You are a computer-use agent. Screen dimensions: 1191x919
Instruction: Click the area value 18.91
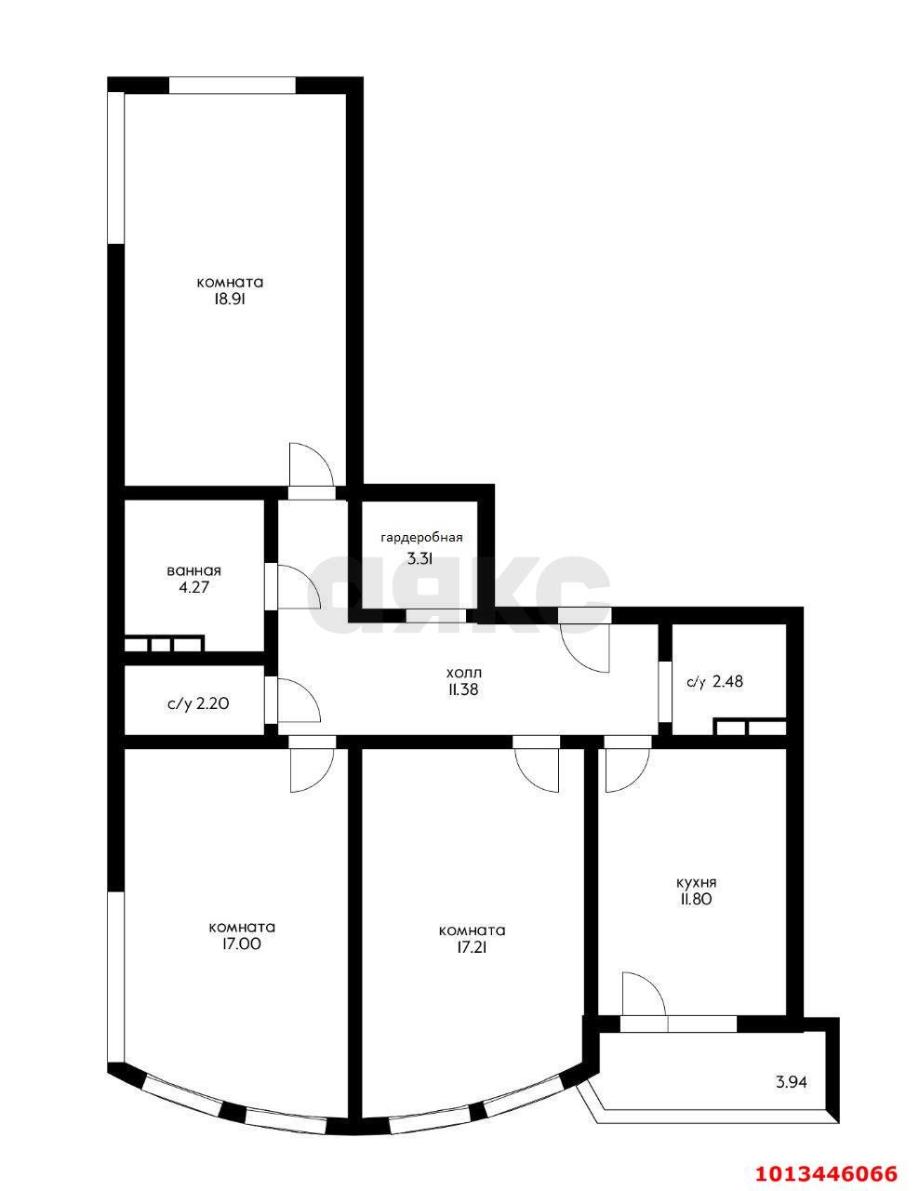pos(229,300)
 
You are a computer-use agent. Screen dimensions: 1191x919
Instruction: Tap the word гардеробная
pos(421,538)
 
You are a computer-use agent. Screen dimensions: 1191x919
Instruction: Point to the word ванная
pos(194,570)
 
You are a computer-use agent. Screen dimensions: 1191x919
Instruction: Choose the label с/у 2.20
pos(198,704)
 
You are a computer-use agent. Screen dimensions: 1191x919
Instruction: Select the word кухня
pos(696,882)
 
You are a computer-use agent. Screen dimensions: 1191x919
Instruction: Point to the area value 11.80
pos(696,900)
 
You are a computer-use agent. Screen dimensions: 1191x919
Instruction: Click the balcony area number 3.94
pos(792,1082)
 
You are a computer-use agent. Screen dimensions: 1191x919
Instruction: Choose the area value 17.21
pos(472,947)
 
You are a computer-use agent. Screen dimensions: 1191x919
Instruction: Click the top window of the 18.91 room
pos(232,85)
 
